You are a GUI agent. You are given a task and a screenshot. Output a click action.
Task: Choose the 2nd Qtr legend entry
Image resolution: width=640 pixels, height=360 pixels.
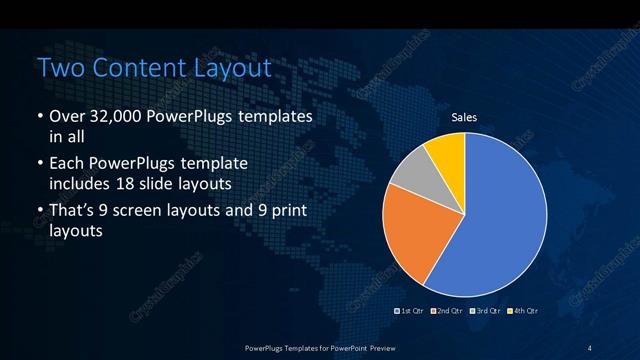click(x=447, y=311)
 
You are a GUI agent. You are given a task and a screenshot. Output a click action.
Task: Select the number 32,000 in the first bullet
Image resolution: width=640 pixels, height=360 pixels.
click(x=113, y=118)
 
